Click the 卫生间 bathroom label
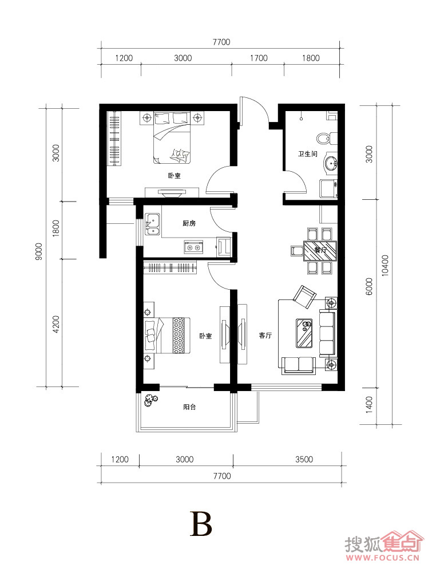point(308,154)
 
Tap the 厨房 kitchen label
point(189,223)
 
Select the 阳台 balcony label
point(189,407)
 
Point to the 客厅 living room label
point(265,336)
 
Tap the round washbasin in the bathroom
point(331,163)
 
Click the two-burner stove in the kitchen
point(193,248)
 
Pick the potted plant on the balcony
point(151,400)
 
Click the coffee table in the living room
point(304,333)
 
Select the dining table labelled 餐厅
point(320,251)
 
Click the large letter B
point(200,524)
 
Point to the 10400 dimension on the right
point(385,265)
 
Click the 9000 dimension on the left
point(39,251)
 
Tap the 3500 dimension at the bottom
point(304,459)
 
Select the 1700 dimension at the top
point(259,58)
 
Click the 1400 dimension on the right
point(369,405)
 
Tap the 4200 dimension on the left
point(56,324)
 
